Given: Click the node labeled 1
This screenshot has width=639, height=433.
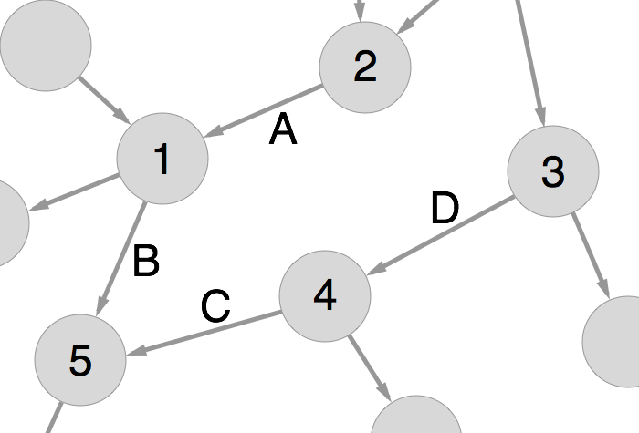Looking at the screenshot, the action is (162, 159).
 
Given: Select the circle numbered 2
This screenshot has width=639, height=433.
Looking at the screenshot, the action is (364, 67).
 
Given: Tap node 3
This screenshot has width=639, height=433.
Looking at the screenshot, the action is (552, 171).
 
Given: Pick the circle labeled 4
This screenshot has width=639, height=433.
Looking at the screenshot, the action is (325, 296).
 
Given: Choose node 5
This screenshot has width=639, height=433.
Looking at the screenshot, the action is (80, 361).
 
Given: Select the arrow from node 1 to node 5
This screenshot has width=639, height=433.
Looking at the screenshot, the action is (121, 259).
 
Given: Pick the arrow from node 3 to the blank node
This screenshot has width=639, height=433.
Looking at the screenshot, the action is (591, 255).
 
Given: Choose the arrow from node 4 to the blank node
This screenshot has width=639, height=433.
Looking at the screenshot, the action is (369, 368).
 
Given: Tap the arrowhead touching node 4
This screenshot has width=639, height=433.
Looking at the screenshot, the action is (376, 269).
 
